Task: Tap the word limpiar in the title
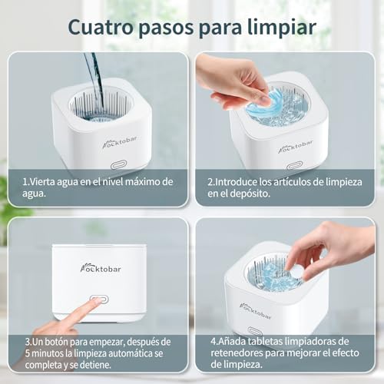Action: tap(282, 27)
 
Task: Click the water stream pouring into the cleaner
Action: tap(95, 82)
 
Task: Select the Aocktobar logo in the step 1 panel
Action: tap(120, 142)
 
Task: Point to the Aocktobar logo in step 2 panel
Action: tap(296, 147)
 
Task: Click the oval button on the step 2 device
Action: tap(294, 166)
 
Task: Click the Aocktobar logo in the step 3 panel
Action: tap(101, 269)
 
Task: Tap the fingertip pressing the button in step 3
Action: tap(96, 302)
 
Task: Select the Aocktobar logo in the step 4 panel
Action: tap(255, 310)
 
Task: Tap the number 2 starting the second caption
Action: tap(210, 182)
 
